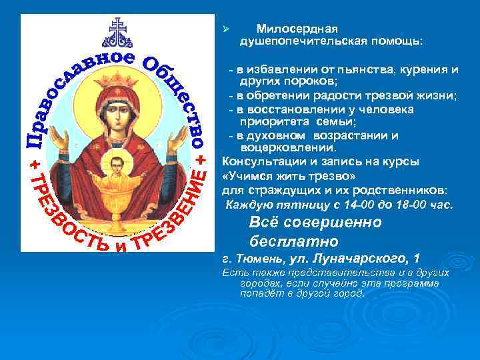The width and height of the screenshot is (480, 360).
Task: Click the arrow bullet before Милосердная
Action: pyautogui.click(x=226, y=29)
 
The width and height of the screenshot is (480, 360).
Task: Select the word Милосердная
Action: pyautogui.click(x=297, y=29)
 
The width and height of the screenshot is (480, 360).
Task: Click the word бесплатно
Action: pyautogui.click(x=294, y=240)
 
